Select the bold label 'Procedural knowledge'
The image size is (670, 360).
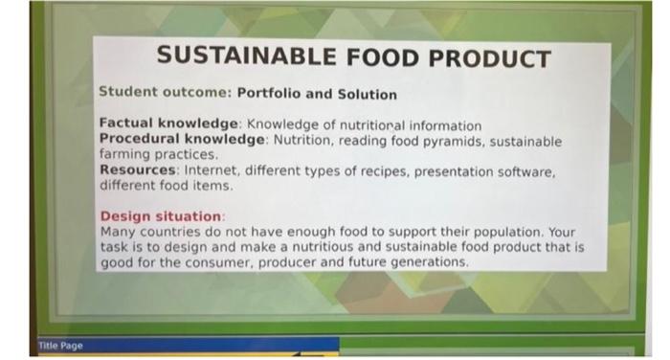(182, 140)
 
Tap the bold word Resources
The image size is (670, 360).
(139, 171)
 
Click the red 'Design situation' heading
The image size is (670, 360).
(161, 216)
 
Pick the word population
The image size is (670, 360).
(510, 232)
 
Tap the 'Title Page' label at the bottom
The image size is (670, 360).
(60, 345)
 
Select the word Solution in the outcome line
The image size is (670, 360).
(366, 94)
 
